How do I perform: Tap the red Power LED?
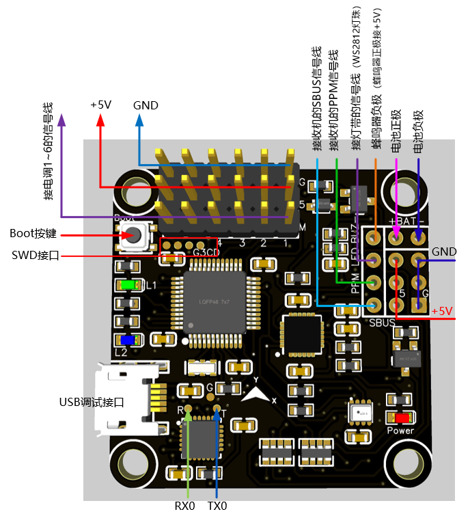click(x=402, y=418)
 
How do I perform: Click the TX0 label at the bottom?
click(x=217, y=506)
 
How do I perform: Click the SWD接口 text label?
click(x=36, y=256)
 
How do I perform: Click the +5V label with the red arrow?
click(x=100, y=105)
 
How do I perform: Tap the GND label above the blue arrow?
click(x=146, y=105)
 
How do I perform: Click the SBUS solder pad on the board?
click(x=374, y=305)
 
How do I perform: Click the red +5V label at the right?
click(x=442, y=311)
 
